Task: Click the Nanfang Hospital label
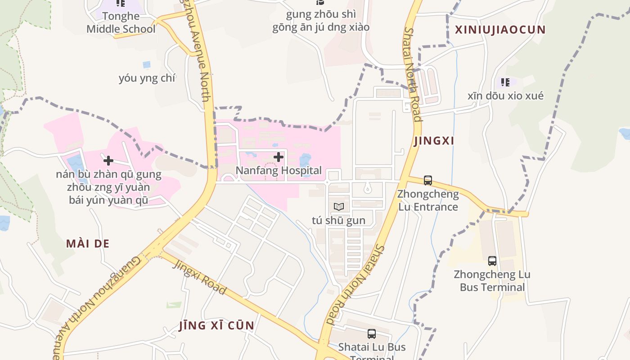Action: pos(279,171)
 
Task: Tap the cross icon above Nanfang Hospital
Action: pos(279,157)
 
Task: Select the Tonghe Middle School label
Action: pos(121,22)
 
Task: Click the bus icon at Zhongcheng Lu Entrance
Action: pos(428,180)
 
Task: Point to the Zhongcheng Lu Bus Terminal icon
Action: pos(492,261)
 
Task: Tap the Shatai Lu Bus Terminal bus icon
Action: pos(372,333)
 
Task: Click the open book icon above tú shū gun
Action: pos(339,207)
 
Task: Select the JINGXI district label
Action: pos(434,141)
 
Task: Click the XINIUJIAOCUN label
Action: pos(500,30)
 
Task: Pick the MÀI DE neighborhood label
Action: pos(88,243)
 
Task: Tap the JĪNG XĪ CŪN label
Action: pos(216,325)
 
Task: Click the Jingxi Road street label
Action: pos(200,277)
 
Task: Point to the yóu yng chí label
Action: pos(147,78)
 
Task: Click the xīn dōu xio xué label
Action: pos(505,95)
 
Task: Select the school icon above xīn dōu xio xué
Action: pos(505,82)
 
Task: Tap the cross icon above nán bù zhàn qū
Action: pos(108,160)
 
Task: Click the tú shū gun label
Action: pos(338,220)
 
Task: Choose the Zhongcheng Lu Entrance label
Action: pos(428,200)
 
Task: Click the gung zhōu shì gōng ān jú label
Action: pos(320,21)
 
